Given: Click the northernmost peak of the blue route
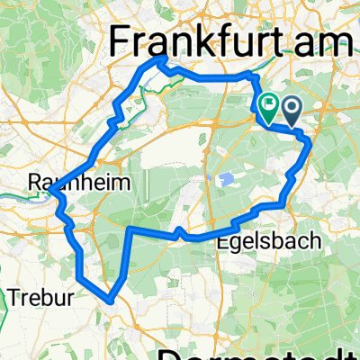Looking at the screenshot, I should point(161,59).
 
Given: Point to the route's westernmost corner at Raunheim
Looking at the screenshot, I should point(51,193).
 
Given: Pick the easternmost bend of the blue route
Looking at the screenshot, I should point(310,142).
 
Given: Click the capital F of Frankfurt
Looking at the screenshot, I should point(119,40).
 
